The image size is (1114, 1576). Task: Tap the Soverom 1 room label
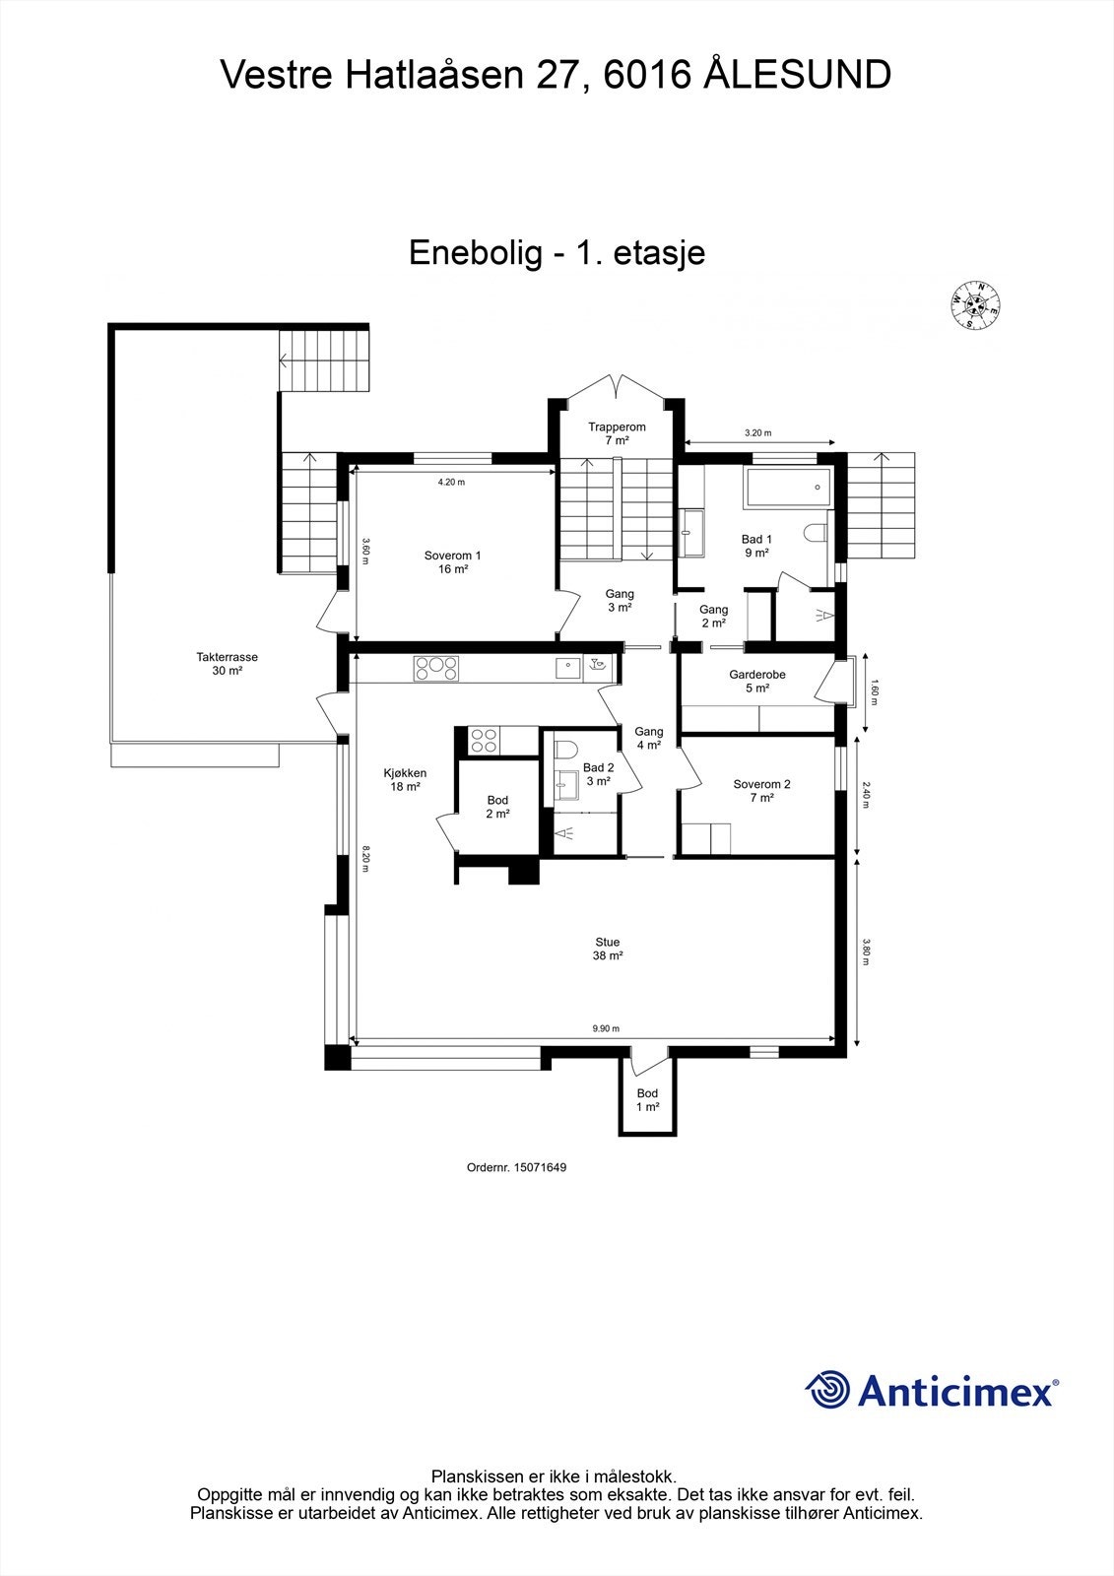point(452,561)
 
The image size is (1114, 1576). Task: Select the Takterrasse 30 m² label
point(227,663)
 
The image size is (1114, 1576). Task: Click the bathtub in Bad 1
point(788,488)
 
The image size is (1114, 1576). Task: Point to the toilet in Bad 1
point(817,533)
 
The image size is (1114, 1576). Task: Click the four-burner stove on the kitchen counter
point(436,668)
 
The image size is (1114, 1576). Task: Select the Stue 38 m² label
point(607,949)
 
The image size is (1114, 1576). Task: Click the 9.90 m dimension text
point(606,1028)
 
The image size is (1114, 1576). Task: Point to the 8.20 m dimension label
point(365,857)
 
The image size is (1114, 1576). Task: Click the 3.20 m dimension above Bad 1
point(757,432)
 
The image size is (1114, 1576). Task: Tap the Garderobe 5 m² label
point(756,681)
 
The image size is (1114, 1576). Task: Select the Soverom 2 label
point(761,790)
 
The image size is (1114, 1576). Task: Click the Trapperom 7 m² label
point(617,432)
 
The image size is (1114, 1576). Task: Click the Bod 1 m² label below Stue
point(647,1099)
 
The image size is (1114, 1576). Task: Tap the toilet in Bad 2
point(564,750)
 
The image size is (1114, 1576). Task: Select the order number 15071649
point(540,1167)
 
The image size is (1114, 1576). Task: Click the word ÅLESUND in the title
point(798,75)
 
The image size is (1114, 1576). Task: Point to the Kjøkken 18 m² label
point(405,779)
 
